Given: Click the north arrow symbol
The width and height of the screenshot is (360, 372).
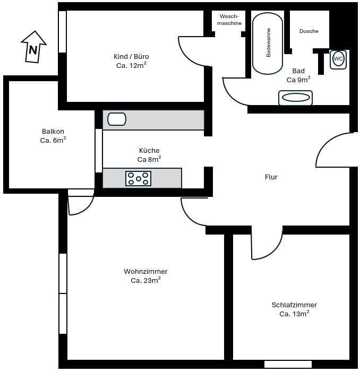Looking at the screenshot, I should (33, 47).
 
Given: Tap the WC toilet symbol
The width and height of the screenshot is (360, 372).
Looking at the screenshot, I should (338, 59).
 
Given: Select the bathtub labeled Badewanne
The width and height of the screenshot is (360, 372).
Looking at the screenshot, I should (268, 44).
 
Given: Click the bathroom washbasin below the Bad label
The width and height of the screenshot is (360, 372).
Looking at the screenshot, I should (295, 98).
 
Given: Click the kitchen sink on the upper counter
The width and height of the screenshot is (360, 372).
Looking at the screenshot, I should (117, 119).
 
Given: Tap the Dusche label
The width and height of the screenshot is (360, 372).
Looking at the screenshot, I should (308, 31).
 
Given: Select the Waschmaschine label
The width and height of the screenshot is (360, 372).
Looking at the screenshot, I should (229, 20).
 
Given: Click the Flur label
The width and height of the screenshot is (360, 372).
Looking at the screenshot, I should (271, 177).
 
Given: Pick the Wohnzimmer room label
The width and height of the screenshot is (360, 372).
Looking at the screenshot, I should (145, 272).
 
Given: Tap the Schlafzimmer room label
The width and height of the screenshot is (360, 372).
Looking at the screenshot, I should (294, 305).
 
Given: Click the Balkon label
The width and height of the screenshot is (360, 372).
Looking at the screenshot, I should (53, 132).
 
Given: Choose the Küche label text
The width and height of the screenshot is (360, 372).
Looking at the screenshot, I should (149, 151).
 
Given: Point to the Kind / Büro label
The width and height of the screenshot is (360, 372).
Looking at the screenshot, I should (131, 57).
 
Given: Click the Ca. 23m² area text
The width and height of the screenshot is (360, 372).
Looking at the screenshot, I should (145, 280).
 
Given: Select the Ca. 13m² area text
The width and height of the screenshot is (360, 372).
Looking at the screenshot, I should (294, 314).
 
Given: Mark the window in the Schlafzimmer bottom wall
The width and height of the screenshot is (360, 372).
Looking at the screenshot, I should (288, 364).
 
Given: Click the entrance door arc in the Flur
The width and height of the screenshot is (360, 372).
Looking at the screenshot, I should (335, 151).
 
